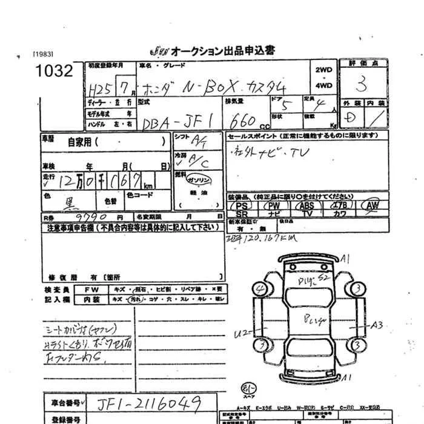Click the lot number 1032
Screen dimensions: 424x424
(54, 72)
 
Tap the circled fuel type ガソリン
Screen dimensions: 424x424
(199, 181)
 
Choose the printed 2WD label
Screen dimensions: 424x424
(325, 70)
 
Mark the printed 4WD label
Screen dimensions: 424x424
(325, 86)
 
